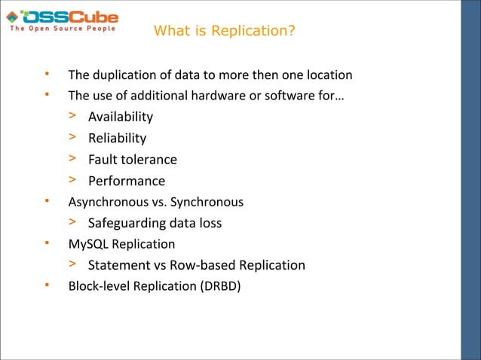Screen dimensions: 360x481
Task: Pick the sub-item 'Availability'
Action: (x=121, y=117)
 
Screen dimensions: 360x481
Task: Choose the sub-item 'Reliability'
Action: (x=117, y=138)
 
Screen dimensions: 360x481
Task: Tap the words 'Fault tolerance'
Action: (x=133, y=160)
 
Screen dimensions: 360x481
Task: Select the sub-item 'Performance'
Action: (x=126, y=181)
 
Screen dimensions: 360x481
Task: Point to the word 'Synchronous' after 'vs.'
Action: (x=209, y=202)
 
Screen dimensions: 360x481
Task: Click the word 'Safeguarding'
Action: (x=125, y=223)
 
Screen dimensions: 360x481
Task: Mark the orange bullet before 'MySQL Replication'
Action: (x=47, y=243)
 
